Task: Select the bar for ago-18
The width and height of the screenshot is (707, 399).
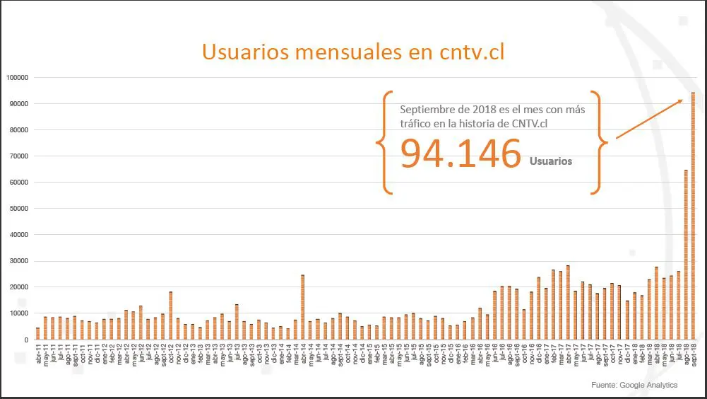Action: coord(686,255)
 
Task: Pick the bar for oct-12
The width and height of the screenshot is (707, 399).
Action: coord(170,316)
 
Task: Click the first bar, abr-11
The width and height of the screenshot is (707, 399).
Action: coord(37,333)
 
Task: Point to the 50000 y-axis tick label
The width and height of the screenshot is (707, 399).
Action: coord(17,209)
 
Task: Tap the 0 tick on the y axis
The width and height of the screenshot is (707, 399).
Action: coord(25,340)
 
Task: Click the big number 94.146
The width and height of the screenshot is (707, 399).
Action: coord(461,154)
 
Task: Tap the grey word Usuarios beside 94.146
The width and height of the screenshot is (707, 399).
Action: coord(551,161)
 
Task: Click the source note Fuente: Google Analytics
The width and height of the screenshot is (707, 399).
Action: coord(634,385)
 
